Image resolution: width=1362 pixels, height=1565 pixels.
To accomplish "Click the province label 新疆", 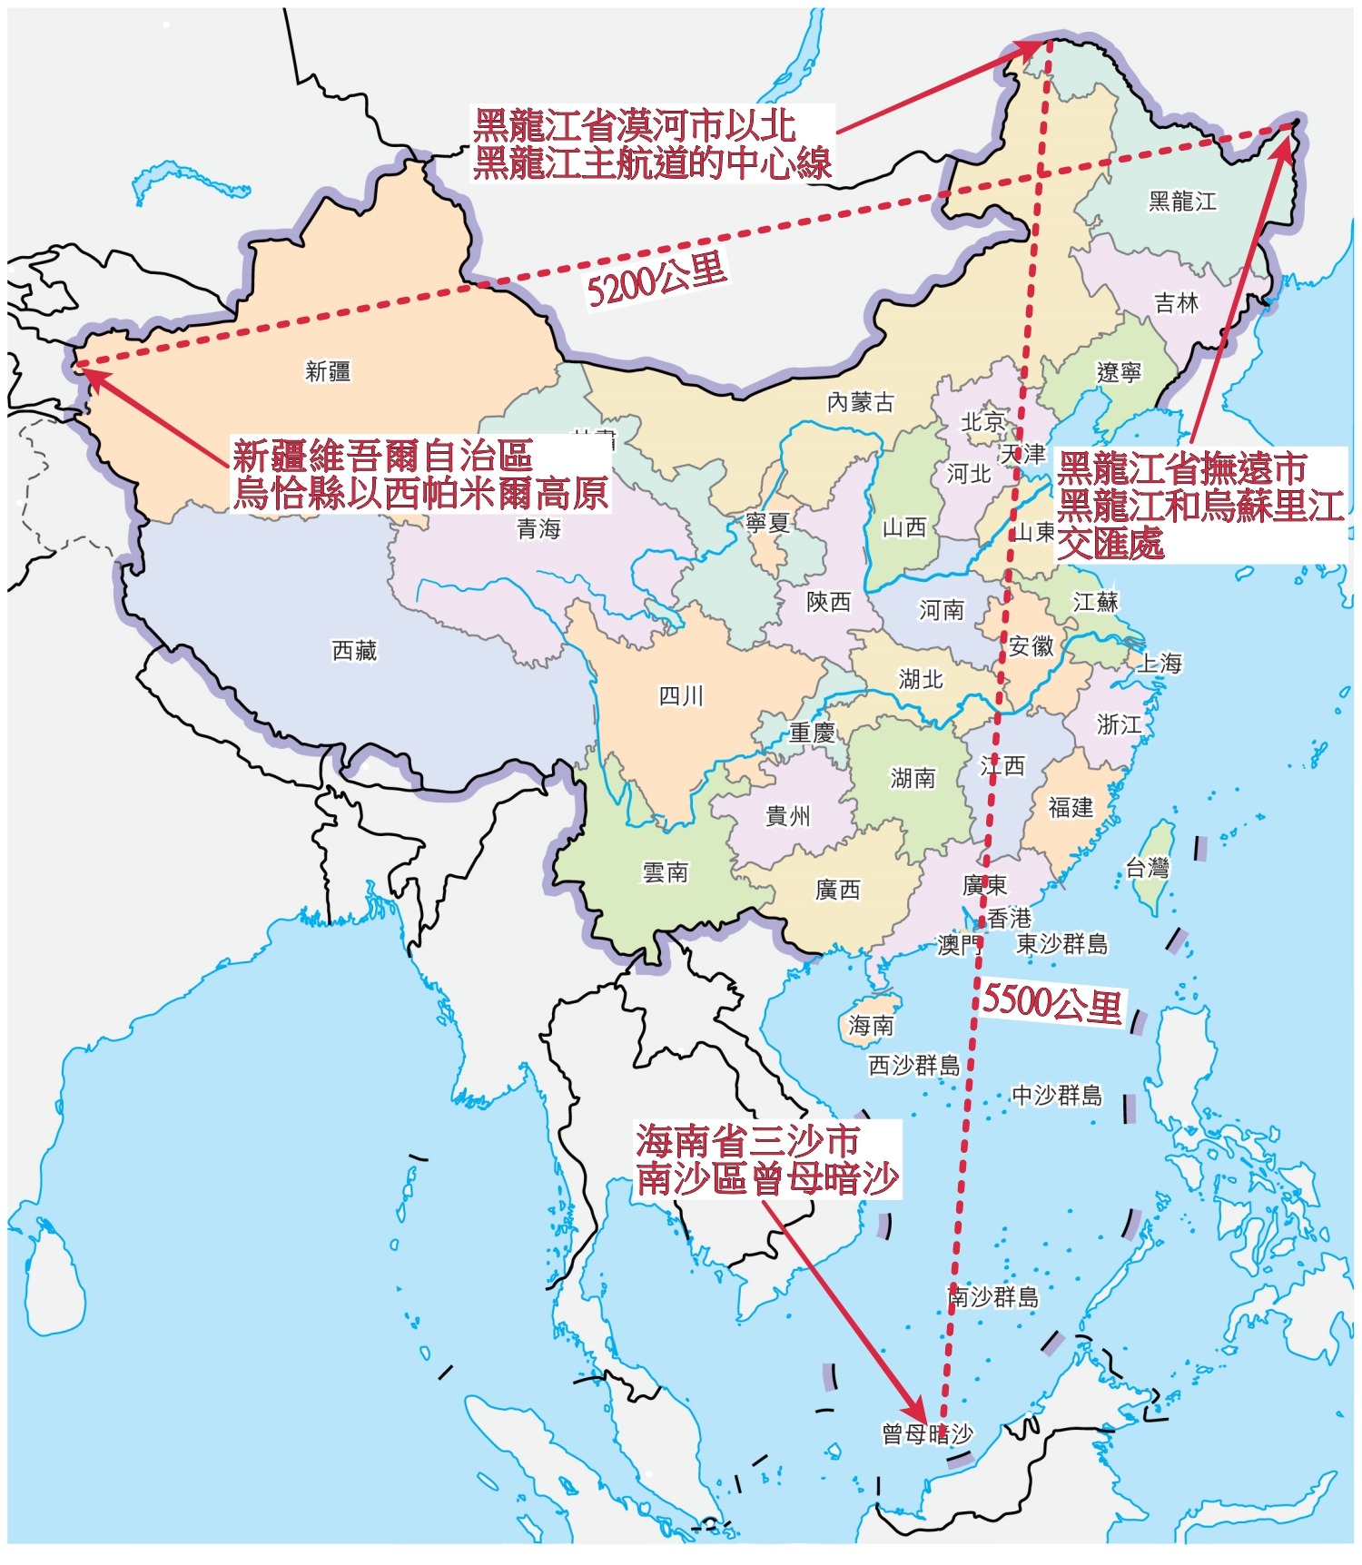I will point(328,371).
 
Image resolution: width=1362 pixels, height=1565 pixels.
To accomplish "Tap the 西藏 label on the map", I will point(354,651).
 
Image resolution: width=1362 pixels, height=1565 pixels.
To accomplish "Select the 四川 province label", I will point(681,696).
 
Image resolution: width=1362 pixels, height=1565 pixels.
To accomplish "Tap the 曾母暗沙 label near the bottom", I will point(926,1433).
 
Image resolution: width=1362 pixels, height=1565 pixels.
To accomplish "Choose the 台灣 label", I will point(1147,868).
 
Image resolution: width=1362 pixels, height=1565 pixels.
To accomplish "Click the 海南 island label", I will point(871,1026).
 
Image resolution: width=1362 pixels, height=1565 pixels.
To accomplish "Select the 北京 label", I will point(983,422).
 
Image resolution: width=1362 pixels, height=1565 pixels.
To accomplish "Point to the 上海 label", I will point(1160,663).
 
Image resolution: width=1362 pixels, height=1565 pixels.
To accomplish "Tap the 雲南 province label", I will point(666,872).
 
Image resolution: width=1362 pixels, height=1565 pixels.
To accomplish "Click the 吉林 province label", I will point(1176,303).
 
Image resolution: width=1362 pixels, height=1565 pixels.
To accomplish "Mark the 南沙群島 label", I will point(993,1296).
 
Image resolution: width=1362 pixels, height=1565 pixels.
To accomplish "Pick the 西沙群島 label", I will point(913,1065).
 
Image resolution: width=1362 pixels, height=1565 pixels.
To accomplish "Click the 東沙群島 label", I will point(1061,944).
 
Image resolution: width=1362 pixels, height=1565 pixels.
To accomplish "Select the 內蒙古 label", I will point(860,401).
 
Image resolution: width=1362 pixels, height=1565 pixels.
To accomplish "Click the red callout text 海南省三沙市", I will point(746,1140).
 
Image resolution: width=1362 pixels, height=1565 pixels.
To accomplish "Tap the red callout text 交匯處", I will point(1110,544).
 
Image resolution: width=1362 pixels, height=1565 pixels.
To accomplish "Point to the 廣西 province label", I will point(837,890).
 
